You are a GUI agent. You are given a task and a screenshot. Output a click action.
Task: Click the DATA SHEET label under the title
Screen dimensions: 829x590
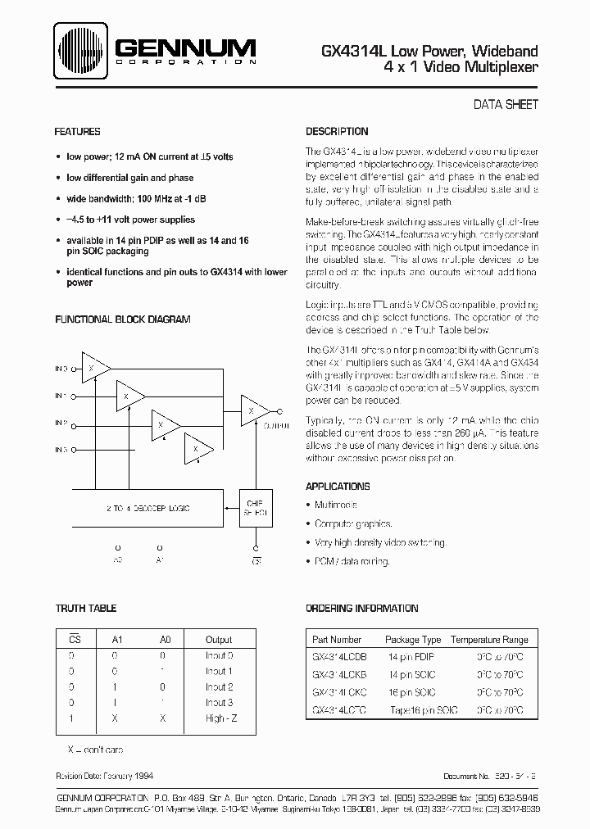[x=506, y=104]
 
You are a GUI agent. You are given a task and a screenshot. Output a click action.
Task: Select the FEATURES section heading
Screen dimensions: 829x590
[x=77, y=132]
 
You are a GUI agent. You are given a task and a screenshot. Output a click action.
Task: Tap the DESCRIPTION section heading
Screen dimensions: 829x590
[x=337, y=132]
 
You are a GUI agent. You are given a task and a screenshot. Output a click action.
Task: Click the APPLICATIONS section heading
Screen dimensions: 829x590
[x=338, y=486]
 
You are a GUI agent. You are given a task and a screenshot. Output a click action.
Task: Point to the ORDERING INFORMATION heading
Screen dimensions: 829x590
[x=361, y=609]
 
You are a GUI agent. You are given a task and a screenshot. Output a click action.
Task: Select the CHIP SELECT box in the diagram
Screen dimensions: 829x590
[x=254, y=509]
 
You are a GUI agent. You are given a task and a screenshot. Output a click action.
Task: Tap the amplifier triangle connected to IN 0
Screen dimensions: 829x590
[x=93, y=369]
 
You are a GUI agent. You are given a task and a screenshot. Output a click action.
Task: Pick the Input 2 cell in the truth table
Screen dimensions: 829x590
[x=220, y=686]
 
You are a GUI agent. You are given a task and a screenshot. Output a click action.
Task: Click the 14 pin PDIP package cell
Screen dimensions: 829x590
[x=413, y=656]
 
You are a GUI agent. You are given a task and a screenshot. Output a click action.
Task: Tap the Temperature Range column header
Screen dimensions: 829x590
[x=490, y=640]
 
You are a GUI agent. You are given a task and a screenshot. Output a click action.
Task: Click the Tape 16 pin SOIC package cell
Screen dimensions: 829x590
[x=424, y=710]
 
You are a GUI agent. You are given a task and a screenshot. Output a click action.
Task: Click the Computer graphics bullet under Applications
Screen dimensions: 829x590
[x=353, y=523]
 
